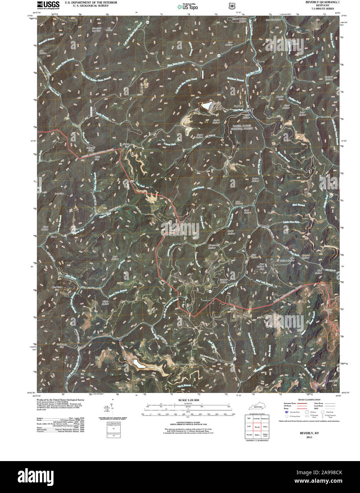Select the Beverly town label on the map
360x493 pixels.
(265, 226)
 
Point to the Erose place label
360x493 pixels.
(54, 237)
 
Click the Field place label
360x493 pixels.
(90, 336)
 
